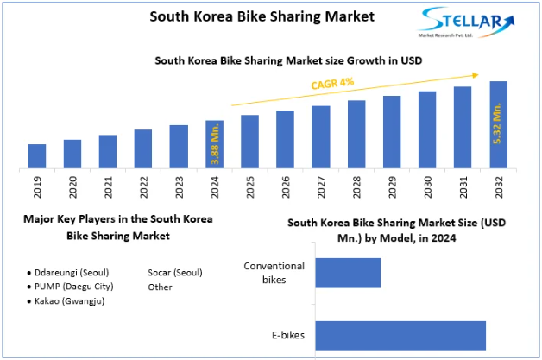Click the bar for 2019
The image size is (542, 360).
(x=37, y=155)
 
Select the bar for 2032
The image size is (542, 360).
(x=498, y=124)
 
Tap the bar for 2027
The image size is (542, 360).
(x=321, y=136)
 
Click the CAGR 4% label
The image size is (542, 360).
(x=331, y=85)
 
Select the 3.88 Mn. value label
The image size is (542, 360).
(x=215, y=143)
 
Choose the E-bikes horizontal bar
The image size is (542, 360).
(x=400, y=336)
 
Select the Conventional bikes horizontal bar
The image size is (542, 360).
(x=347, y=273)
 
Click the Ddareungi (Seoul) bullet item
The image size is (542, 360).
(x=66, y=272)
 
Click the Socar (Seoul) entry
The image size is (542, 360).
(x=174, y=272)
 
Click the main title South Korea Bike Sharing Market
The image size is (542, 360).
(x=250, y=16)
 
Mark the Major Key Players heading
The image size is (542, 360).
(x=118, y=227)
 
